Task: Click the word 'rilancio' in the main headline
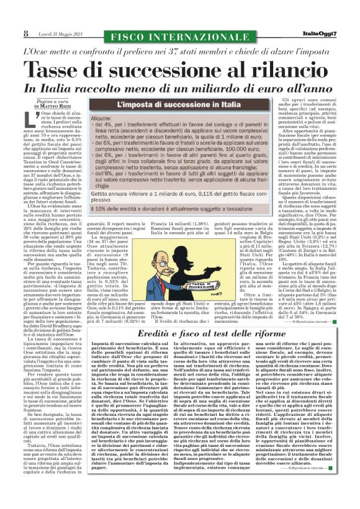(x=276, y=68)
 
